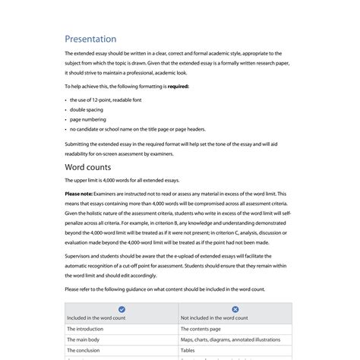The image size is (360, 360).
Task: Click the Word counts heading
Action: coord(88,167)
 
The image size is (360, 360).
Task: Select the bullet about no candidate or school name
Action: coord(137,129)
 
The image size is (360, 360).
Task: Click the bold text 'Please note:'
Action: coord(79,194)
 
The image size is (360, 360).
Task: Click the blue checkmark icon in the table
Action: coord(122,309)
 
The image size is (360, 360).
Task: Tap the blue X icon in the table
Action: coord(235,309)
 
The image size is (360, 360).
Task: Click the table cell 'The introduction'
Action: coord(85,329)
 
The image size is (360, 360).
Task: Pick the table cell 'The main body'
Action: coord(84,339)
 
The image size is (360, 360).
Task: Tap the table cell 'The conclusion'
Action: coord(84,350)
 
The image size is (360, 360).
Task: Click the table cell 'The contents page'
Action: coord(201,329)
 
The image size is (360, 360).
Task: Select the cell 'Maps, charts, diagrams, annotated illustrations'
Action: coord(226,339)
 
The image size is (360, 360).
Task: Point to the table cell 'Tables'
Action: coord(188,350)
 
